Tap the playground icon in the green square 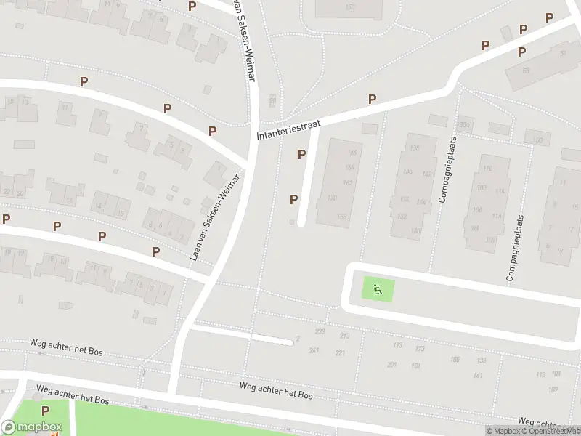pyautogui.click(x=378, y=290)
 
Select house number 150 pyautogui.click(x=350, y=7)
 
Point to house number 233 pyautogui.click(x=320, y=332)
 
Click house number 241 pyautogui.click(x=314, y=350)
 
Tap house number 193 pyautogui.click(x=397, y=345)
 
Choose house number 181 pyautogui.click(x=415, y=366)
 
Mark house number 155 pyautogui.click(x=455, y=359)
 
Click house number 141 pyautogui.click(x=477, y=375)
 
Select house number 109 pyautogui.click(x=553, y=390)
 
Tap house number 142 pyautogui.click(x=427, y=174)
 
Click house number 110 pyautogui.click(x=485, y=169)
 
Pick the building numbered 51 pyautogui.click(x=563, y=52)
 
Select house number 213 pyautogui.click(x=344, y=336)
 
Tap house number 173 pyautogui.click(x=420, y=349)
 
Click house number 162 pyautogui.click(x=348, y=182)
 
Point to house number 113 pyautogui.click(x=540, y=374)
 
